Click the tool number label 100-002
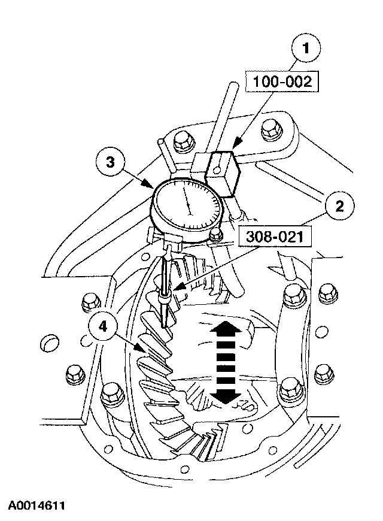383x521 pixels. click(x=283, y=82)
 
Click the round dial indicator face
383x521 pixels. click(x=189, y=205)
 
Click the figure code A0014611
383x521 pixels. click(x=37, y=506)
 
